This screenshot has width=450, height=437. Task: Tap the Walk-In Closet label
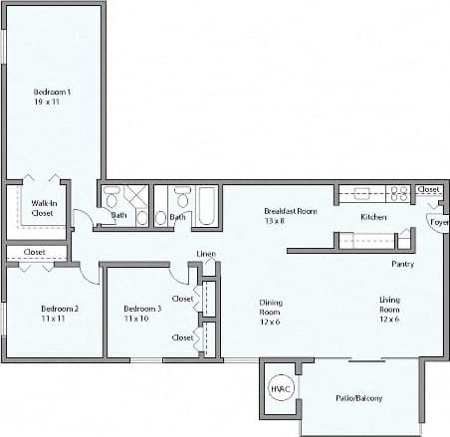coord(43,207)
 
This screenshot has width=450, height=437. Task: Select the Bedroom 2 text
coord(59,308)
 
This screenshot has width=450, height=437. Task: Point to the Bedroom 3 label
coord(142,308)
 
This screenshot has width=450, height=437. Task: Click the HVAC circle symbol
coord(280,389)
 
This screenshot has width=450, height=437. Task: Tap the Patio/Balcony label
coord(358,399)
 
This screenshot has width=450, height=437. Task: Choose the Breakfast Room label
coord(290,210)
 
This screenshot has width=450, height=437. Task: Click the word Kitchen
coord(373,216)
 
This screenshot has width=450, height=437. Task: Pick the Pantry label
coord(403,264)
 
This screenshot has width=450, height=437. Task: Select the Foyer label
coord(438,222)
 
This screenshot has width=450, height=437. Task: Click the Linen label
coord(206,254)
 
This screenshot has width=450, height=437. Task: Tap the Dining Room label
coord(271,308)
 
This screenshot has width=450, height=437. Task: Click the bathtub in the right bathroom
coord(208,206)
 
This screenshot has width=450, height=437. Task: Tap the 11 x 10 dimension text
coord(135,319)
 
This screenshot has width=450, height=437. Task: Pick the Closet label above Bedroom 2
coord(35,252)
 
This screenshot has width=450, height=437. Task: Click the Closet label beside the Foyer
coord(428,189)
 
